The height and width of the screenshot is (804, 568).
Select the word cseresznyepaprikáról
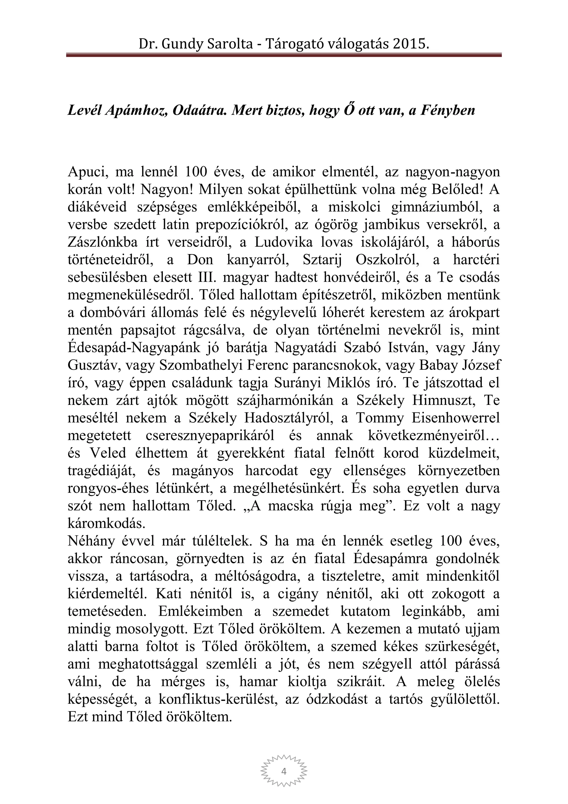click(209, 436)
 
